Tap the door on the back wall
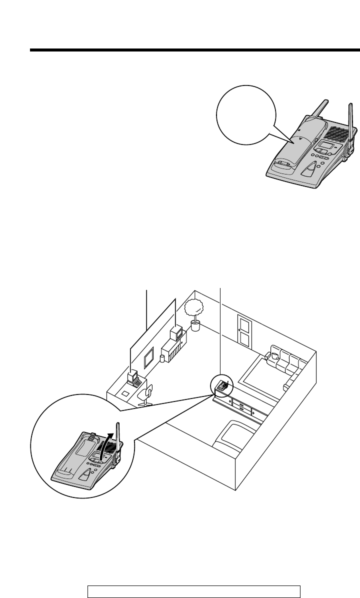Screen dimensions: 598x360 point(244,331)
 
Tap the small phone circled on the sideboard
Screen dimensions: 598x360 point(222,386)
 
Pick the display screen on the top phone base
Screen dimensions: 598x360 point(326,146)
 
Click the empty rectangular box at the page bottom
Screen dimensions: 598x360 point(193,591)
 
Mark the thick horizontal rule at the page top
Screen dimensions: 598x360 point(195,50)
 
